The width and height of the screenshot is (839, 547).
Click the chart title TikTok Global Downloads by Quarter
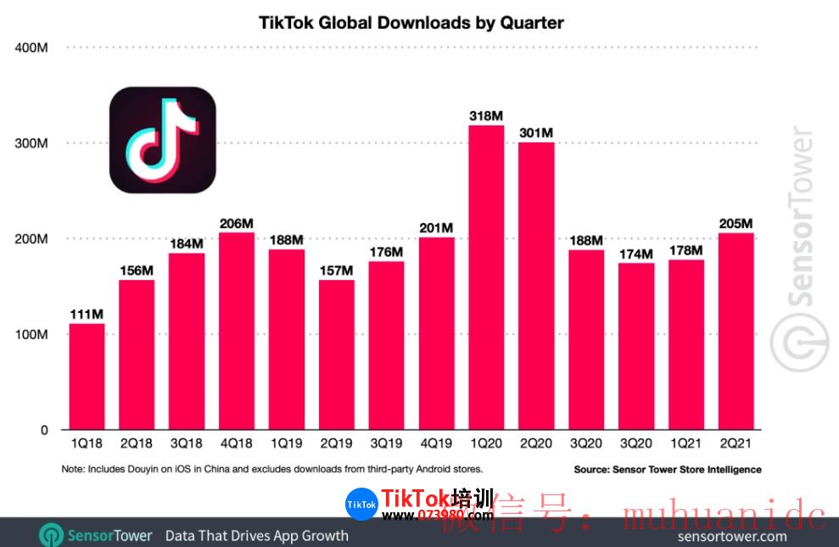point(411,22)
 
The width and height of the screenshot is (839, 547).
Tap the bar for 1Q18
point(87,377)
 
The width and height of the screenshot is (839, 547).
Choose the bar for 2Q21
point(736,331)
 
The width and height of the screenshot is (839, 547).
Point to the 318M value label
point(486,114)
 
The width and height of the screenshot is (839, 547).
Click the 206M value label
point(237,223)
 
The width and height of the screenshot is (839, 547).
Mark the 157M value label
point(336,271)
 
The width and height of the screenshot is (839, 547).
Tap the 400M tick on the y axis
point(31,47)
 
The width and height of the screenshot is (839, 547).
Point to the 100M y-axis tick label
point(31,334)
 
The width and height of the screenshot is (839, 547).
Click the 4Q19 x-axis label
point(436,444)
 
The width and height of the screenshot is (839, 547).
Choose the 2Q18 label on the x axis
point(137,444)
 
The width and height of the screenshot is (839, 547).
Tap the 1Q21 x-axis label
point(685,444)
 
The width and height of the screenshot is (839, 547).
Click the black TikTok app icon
point(162,140)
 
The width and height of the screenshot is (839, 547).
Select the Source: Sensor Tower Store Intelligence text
point(667,469)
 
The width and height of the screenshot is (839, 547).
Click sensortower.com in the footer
point(732,536)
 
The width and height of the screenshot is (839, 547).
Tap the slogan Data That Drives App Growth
point(256,535)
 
